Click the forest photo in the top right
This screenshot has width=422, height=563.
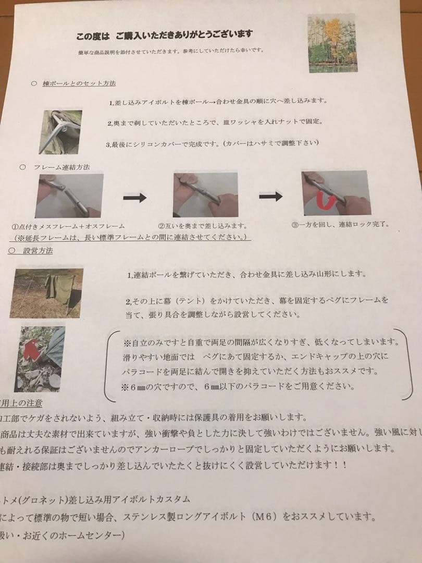point(332,43)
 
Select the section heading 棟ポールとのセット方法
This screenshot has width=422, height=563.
point(79,83)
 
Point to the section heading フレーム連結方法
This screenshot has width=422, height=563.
point(61,167)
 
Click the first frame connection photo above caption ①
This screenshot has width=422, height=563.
point(69,195)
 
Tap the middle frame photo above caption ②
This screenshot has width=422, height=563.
point(205,194)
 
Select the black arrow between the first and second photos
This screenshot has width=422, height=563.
point(134,198)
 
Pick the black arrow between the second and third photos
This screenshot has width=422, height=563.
point(270,196)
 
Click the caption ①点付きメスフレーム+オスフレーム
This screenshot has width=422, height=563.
point(68,227)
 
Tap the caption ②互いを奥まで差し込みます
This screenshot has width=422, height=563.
point(202,226)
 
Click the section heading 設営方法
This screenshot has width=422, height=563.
point(38,251)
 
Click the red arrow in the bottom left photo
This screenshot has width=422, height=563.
point(32,348)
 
